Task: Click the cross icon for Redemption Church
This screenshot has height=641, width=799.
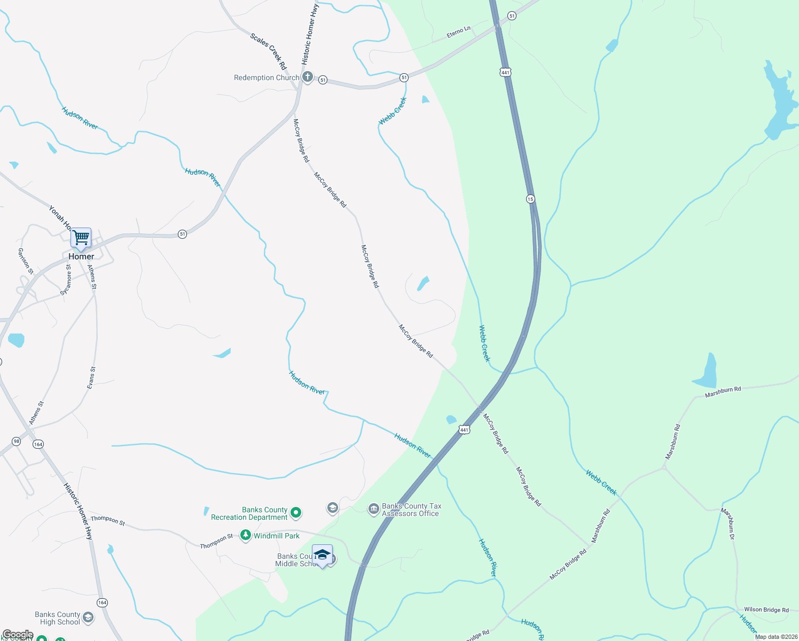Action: (x=308, y=77)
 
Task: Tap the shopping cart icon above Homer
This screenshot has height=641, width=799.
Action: (x=81, y=237)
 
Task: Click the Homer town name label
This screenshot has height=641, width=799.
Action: (x=81, y=256)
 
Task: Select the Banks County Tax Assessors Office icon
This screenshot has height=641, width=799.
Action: (x=374, y=509)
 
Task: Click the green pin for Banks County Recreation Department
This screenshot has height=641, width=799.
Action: (x=295, y=513)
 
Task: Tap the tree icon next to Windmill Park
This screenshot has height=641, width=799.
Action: (x=246, y=535)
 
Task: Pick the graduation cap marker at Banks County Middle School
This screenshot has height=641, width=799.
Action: (x=322, y=556)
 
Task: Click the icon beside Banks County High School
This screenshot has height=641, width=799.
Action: (x=88, y=618)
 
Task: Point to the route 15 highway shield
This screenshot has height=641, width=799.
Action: (x=530, y=199)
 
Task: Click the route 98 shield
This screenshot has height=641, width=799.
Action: (x=17, y=441)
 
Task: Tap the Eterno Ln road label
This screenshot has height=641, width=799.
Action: (x=458, y=33)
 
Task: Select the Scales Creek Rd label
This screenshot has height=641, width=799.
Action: (x=268, y=51)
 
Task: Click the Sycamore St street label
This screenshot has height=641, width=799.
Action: (x=66, y=280)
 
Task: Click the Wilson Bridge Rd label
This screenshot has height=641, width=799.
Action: (x=766, y=609)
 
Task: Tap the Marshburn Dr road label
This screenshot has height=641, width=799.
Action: (x=728, y=523)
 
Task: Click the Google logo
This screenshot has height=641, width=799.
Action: (x=18, y=635)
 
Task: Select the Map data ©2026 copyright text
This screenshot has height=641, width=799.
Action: (x=776, y=637)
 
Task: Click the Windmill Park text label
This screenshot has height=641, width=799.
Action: (x=277, y=536)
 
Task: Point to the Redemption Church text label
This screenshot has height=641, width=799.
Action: (x=267, y=77)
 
